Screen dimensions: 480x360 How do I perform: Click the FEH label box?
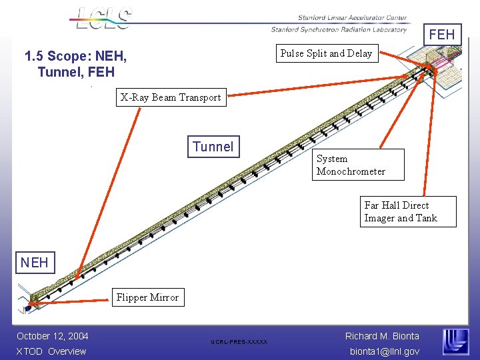pyautogui.click(x=441, y=34)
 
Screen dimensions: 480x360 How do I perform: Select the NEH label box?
pyautogui.click(x=34, y=262)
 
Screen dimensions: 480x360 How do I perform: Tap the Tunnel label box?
pyautogui.click(x=213, y=147)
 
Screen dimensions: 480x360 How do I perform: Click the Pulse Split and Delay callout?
pyautogui.click(x=326, y=53)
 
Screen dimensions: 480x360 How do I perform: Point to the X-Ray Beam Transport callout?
pyautogui.click(x=171, y=97)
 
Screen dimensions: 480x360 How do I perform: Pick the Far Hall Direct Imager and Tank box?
pyautogui.click(x=400, y=212)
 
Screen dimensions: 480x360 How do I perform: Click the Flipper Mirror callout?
pyautogui.click(x=147, y=297)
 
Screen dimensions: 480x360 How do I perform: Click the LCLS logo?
pyautogui.click(x=103, y=18)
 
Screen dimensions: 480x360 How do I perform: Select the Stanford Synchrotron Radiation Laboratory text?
pyautogui.click(x=339, y=29)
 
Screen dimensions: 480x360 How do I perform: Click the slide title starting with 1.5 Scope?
pyautogui.click(x=75, y=63)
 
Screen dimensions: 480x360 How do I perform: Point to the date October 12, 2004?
pyautogui.click(x=53, y=336)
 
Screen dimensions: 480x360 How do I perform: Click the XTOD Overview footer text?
pyautogui.click(x=51, y=351)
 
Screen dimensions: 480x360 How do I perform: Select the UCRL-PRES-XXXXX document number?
pyautogui.click(x=239, y=342)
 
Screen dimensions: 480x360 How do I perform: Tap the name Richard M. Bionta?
pyautogui.click(x=382, y=336)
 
